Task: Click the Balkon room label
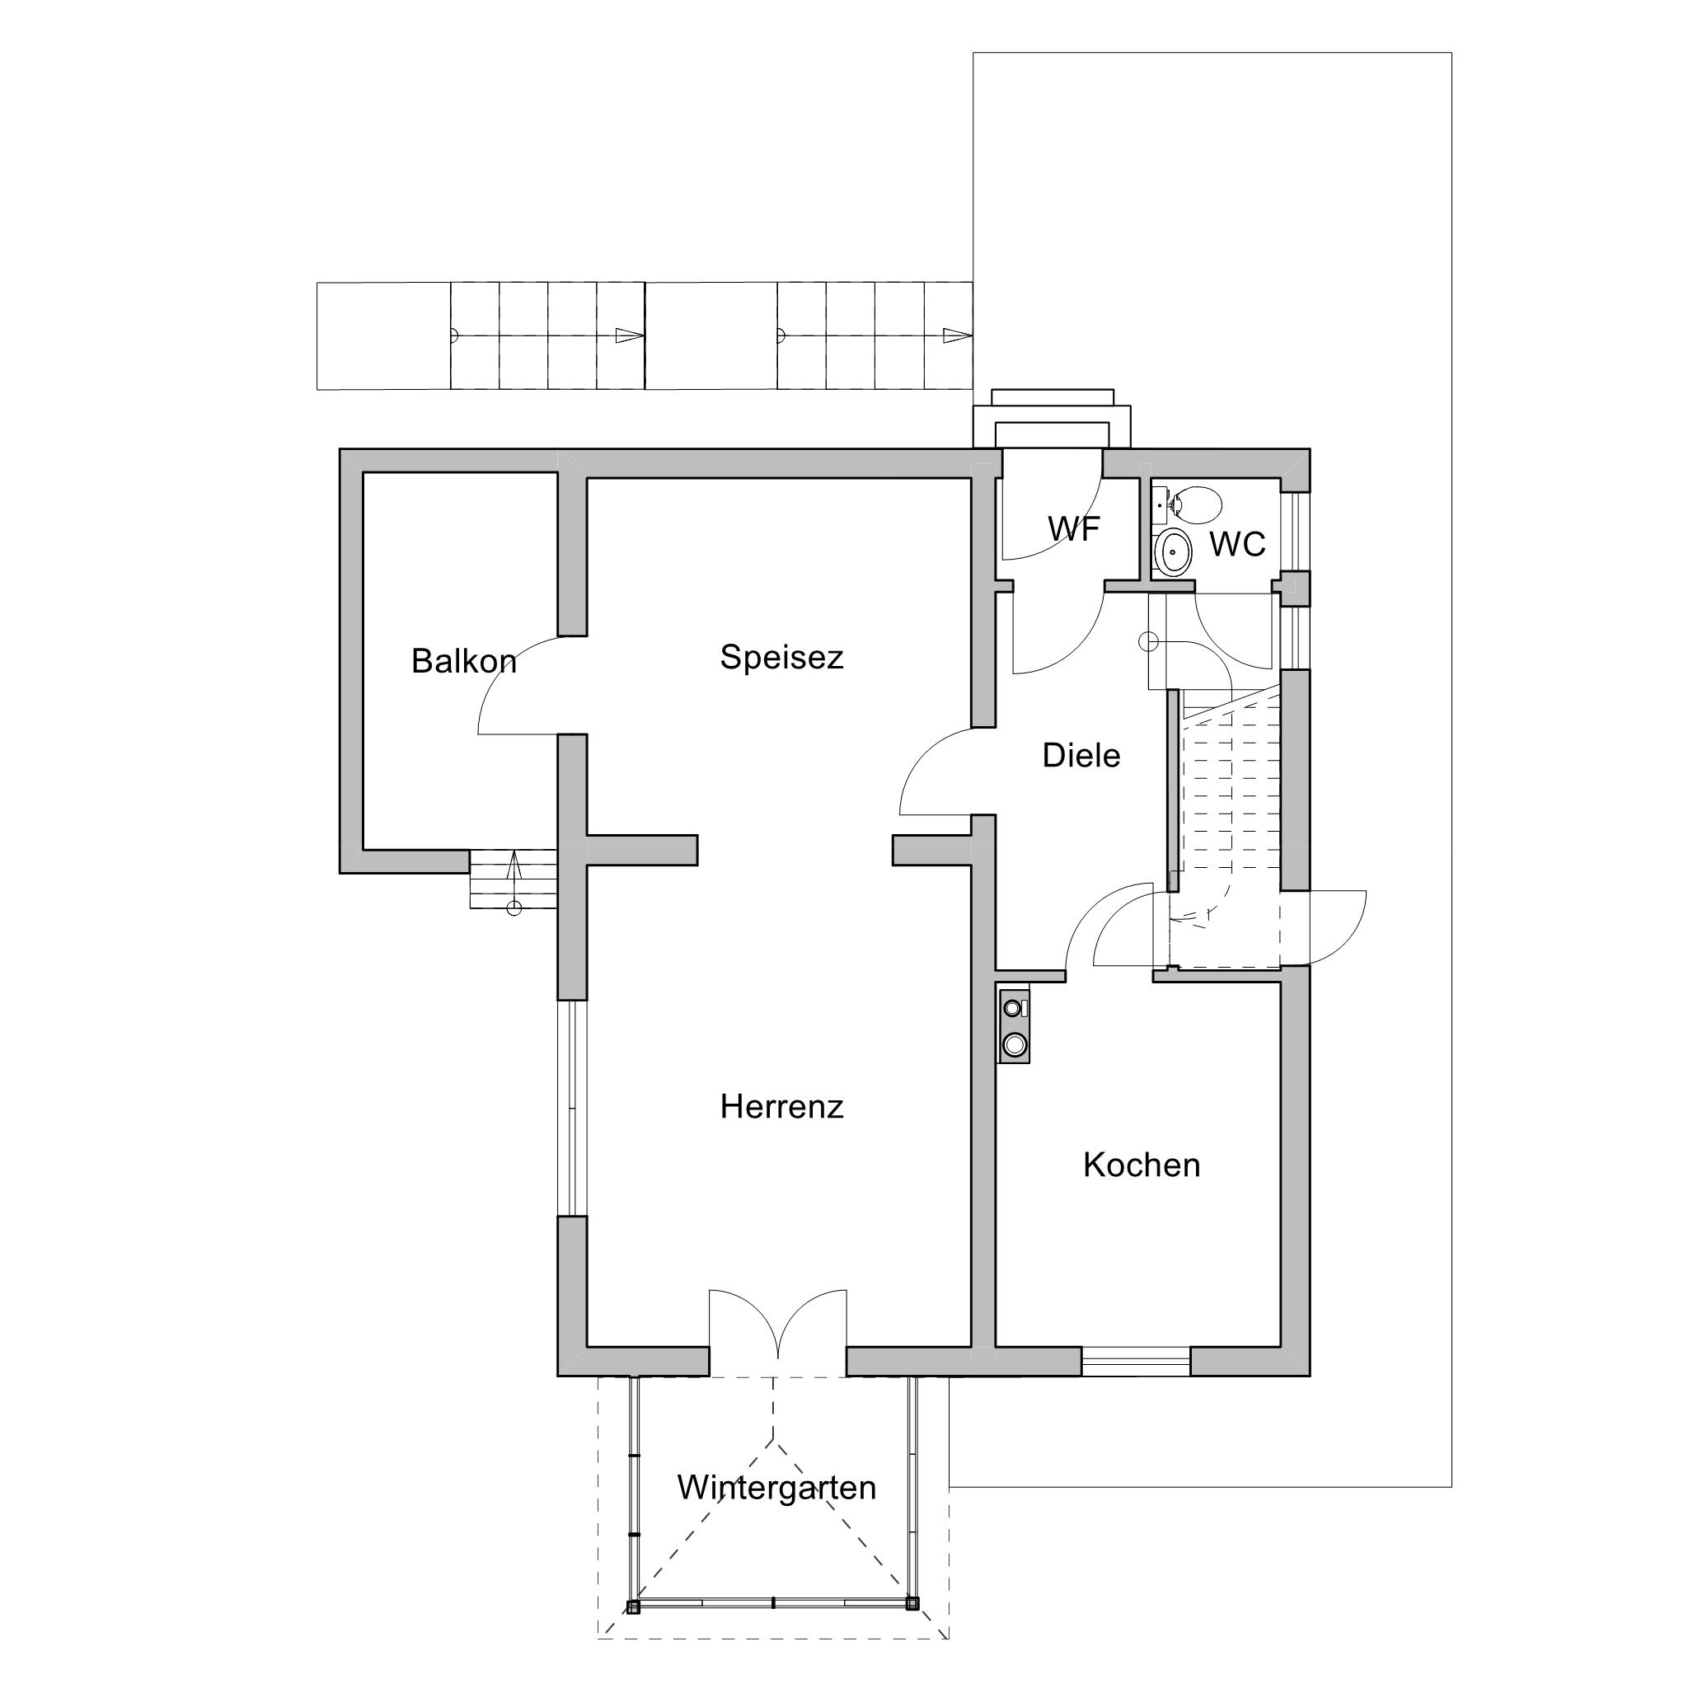tap(463, 661)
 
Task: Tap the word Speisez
tap(781, 657)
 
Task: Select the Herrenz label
tap(781, 1107)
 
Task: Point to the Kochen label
tap(1142, 1165)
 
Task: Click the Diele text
tap(1081, 755)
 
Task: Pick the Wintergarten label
tap(776, 1487)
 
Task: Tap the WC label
tap(1238, 544)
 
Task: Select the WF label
tap(1074, 528)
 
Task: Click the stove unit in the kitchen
tap(1014, 1026)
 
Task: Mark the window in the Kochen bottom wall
tap(1136, 1361)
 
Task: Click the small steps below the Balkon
tap(514, 879)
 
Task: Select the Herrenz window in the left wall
tap(571, 1109)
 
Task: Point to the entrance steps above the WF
tap(1053, 419)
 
